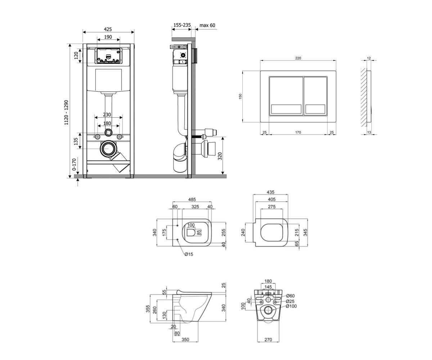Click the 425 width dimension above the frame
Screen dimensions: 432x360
(108, 29)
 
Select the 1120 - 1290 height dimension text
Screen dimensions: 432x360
(66, 113)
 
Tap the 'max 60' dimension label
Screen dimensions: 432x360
(207, 25)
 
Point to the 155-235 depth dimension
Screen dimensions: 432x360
(182, 25)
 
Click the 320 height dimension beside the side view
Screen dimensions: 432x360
(220, 156)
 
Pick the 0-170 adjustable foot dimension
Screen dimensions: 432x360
(74, 165)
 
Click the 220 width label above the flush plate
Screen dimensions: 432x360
(298, 58)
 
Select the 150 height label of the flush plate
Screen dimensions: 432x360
(240, 96)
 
